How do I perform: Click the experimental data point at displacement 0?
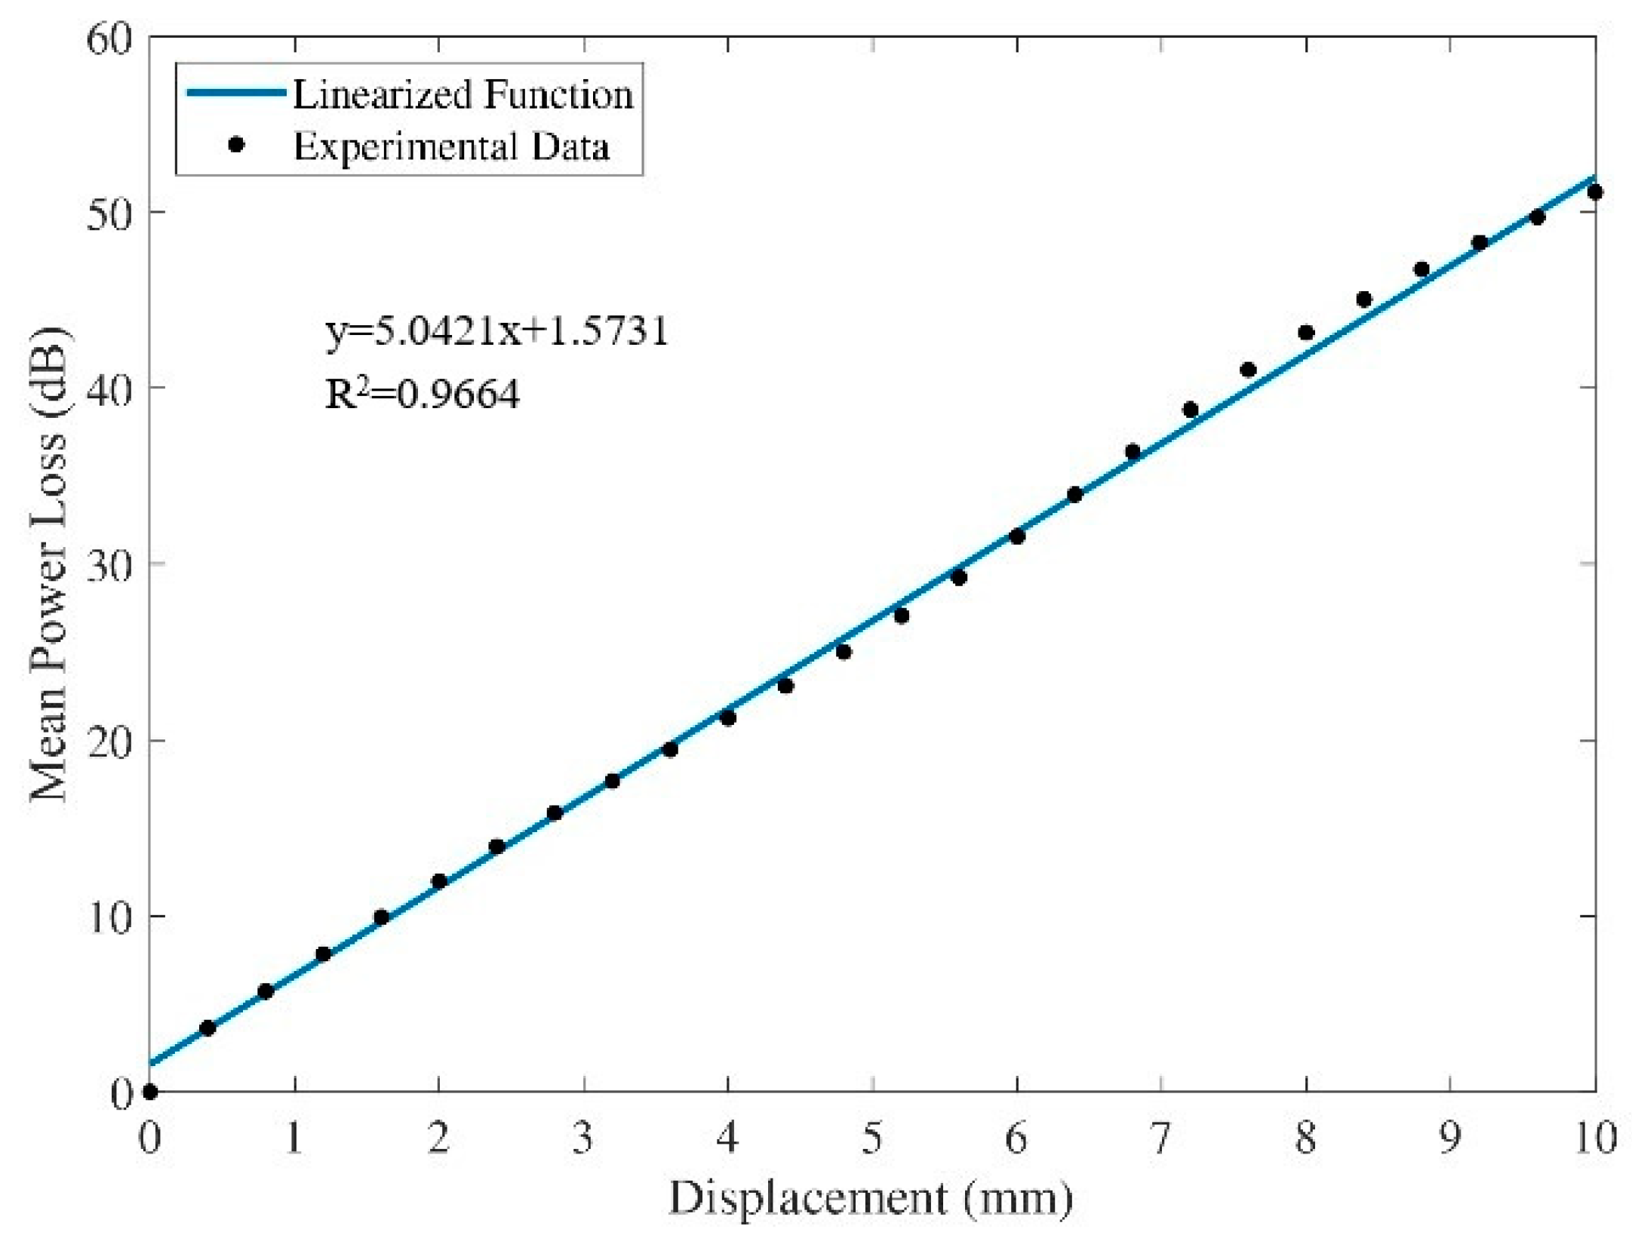tap(149, 1092)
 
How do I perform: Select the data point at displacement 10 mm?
tap(1594, 192)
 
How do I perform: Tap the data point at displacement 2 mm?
tap(439, 881)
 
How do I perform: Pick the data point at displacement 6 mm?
tap(1017, 536)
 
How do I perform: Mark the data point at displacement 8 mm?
tap(1306, 333)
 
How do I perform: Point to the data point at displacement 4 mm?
tap(728, 717)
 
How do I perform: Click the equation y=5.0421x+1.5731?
tap(497, 331)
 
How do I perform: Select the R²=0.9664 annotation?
tap(423, 394)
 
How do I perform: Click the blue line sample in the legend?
tap(235, 93)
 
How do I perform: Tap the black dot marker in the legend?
tap(236, 145)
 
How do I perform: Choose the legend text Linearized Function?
tap(463, 95)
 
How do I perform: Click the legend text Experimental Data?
tap(451, 146)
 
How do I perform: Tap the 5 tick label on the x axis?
tap(872, 1137)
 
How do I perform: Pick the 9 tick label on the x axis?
tap(1449, 1137)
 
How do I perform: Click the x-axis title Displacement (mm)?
tap(871, 1198)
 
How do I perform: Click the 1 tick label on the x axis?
tap(294, 1137)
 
